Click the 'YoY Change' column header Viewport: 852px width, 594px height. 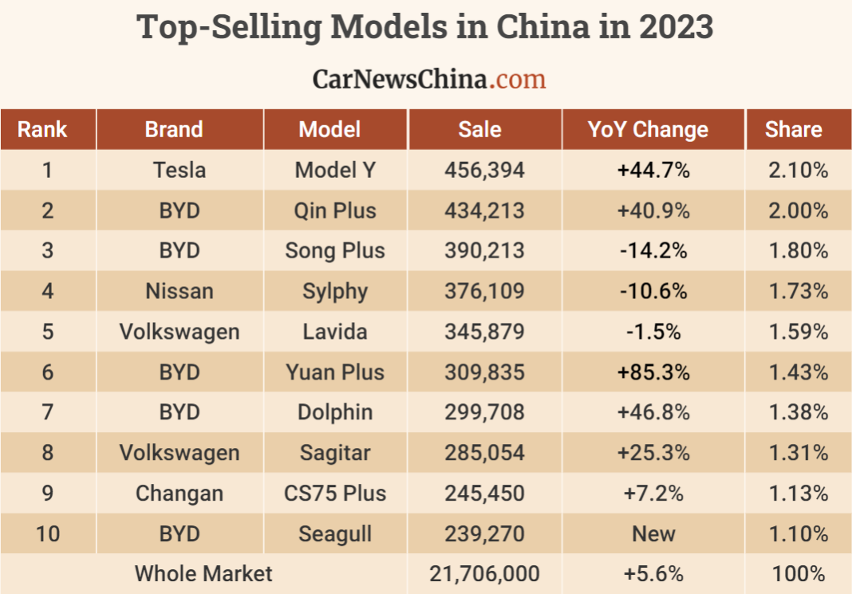(647, 130)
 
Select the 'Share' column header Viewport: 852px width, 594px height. (793, 130)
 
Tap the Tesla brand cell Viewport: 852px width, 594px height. (179, 170)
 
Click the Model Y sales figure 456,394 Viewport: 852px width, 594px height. (484, 170)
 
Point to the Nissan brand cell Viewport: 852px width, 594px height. (179, 291)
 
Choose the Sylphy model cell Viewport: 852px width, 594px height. (335, 291)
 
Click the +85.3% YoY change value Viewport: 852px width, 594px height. (653, 372)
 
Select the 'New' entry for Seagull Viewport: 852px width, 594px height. (653, 533)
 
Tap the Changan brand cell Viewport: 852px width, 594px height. (179, 494)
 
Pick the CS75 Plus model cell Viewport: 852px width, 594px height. (335, 494)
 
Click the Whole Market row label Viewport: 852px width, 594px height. (203, 573)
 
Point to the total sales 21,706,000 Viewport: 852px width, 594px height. (484, 573)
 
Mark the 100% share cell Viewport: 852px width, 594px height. (798, 573)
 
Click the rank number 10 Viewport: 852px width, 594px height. (48, 533)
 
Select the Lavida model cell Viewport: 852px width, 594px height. (335, 332)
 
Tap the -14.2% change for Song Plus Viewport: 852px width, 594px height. (653, 250)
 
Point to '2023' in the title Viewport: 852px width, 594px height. (675, 27)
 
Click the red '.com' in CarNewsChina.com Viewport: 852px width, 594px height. (518, 79)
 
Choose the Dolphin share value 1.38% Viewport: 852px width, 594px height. (798, 412)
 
